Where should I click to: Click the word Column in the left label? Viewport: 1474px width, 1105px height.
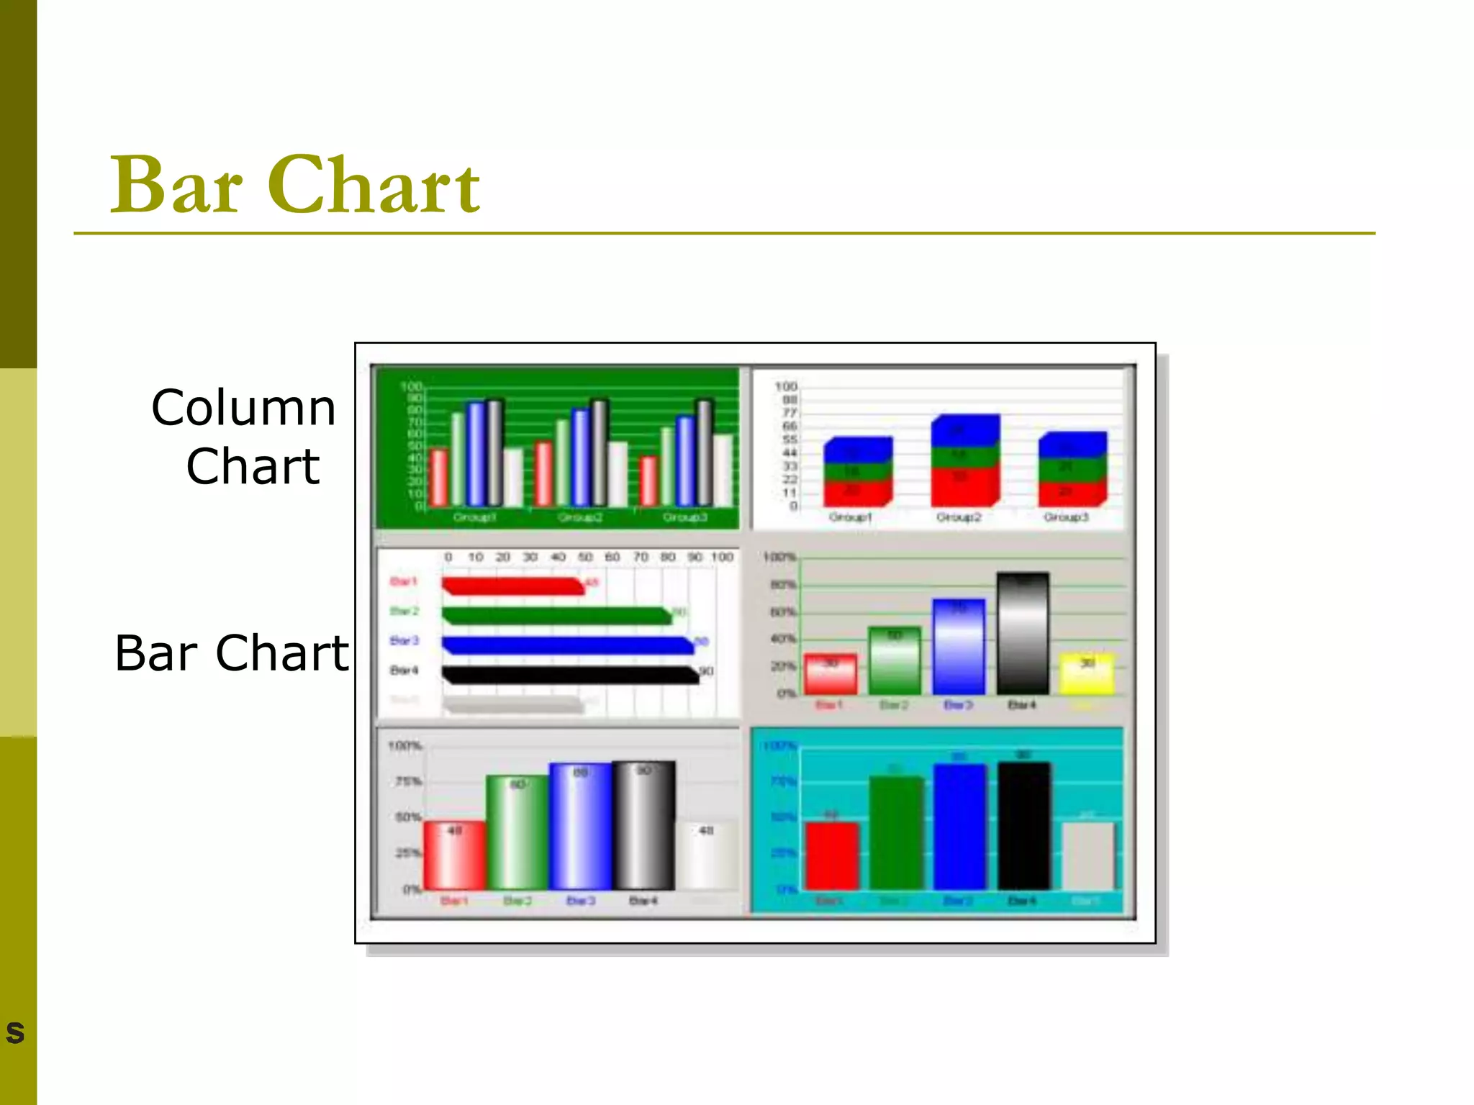pos(243,408)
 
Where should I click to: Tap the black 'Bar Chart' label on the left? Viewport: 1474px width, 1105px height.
pos(231,653)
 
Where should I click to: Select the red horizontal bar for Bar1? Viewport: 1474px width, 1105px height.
pos(512,586)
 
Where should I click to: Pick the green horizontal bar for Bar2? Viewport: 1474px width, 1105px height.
pos(556,616)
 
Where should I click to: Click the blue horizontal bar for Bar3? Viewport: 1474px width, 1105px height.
pos(567,645)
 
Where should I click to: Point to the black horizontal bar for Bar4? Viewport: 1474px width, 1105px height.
pos(569,675)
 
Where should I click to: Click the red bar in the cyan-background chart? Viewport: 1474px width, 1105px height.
pos(831,856)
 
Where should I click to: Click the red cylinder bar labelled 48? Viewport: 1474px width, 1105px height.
pos(454,855)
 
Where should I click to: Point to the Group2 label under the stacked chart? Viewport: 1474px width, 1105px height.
pos(958,517)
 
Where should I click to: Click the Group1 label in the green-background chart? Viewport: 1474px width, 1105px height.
pos(474,517)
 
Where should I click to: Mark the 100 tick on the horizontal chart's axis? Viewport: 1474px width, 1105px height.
pos(722,557)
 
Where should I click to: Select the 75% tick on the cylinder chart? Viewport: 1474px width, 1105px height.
pos(408,781)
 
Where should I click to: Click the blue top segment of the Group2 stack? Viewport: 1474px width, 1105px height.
pos(964,431)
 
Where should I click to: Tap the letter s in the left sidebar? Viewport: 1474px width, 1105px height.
pos(15,1032)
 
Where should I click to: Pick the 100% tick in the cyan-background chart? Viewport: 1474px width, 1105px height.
pos(779,745)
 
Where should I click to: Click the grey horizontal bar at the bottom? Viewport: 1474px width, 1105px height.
pos(512,704)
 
